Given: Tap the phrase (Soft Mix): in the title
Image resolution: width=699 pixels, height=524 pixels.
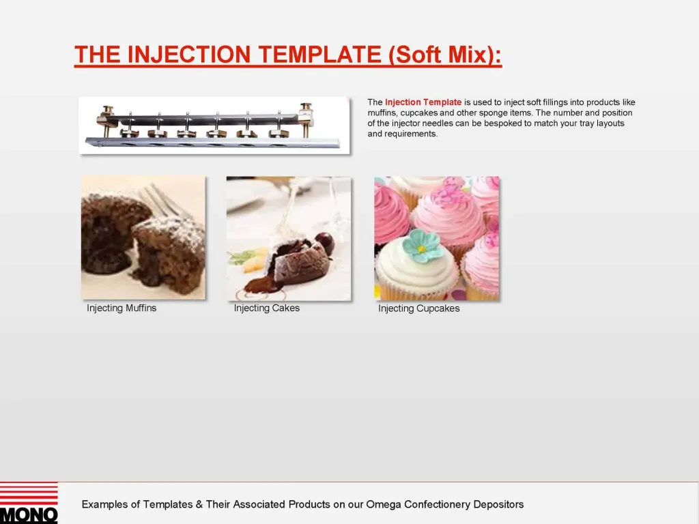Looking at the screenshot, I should [x=445, y=55].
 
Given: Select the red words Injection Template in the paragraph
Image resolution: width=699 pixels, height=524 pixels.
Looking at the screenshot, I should [x=423, y=102].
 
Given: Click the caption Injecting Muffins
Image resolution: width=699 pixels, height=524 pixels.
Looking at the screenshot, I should [x=122, y=308].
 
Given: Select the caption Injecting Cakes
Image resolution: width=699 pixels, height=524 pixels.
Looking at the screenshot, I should [x=266, y=308].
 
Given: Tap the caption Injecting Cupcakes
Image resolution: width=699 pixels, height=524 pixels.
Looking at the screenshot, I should [x=418, y=308].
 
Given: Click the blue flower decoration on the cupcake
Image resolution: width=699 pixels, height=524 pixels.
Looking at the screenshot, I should [x=423, y=245].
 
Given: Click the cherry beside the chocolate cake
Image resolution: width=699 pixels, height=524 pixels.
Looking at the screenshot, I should [x=325, y=242].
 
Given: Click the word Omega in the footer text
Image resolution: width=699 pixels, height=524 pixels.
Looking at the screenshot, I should [x=384, y=505].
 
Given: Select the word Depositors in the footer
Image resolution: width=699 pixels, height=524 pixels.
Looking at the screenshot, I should [x=498, y=505].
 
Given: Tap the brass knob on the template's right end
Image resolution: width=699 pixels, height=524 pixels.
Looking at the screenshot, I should [x=306, y=111].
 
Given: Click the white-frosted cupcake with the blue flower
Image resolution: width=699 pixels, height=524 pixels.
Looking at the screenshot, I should [x=417, y=270].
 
